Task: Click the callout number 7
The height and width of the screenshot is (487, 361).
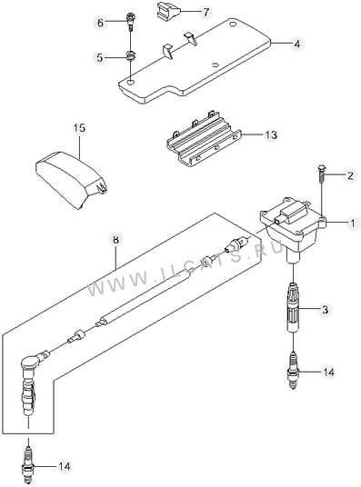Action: [206, 13]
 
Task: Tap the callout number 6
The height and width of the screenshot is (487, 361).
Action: [100, 23]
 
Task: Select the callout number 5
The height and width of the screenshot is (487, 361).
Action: [99, 58]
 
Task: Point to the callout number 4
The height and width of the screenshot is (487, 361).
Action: [297, 45]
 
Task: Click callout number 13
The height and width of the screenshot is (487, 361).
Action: [271, 135]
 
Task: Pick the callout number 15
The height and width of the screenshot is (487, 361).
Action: [80, 128]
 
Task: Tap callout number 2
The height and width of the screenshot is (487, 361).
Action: [350, 176]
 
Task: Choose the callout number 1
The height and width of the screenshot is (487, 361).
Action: [353, 223]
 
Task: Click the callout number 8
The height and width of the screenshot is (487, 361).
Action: [115, 240]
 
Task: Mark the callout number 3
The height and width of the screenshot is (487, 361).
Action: [325, 309]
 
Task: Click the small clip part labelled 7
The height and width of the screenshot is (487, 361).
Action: [166, 12]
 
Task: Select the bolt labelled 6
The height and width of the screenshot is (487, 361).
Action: [130, 22]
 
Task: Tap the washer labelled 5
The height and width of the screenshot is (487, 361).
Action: [130, 56]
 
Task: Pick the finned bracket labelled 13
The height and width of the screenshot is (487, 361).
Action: [205, 137]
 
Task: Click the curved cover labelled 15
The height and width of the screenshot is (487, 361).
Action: [72, 179]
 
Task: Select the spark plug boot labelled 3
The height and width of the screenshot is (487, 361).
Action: [293, 307]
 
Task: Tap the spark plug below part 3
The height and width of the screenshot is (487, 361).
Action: [293, 370]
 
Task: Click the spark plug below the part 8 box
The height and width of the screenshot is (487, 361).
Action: [28, 463]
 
